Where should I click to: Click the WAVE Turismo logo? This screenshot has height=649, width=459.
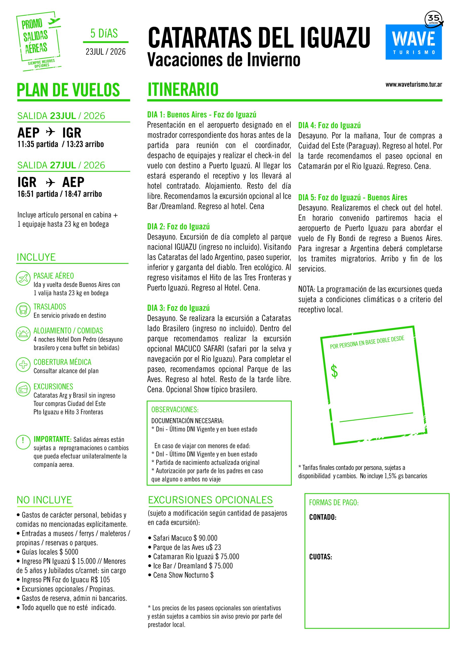coord(413,42)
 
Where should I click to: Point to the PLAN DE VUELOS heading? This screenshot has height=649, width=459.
coord(68,90)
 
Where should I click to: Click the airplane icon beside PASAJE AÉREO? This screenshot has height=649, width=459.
coord(23,278)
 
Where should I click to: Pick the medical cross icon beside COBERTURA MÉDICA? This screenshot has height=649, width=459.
coord(23,365)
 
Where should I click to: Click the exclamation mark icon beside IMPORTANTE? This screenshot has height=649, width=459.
coord(23,442)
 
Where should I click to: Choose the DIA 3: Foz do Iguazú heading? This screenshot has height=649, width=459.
coord(178,308)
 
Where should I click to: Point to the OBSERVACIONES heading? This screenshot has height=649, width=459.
coord(175,410)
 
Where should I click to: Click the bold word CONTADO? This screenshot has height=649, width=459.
coord(322,517)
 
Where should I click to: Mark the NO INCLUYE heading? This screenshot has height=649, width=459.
coord(44,500)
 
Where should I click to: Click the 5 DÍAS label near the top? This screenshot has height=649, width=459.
coord(104,34)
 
